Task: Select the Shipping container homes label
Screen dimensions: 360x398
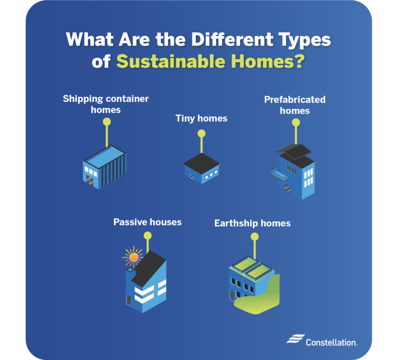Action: tap(106, 104)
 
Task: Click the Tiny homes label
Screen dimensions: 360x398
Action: tap(201, 118)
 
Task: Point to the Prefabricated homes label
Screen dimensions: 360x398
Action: tap(295, 104)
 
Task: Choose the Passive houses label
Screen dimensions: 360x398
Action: tap(148, 222)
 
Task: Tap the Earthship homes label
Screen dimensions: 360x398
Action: tap(252, 224)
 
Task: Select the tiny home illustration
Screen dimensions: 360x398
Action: tap(201, 167)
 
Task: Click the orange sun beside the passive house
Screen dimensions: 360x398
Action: tap(134, 257)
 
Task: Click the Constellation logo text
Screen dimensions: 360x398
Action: tap(331, 342)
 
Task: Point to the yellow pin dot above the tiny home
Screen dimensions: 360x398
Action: tap(201, 134)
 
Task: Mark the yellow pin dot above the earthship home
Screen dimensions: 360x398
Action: tap(254, 237)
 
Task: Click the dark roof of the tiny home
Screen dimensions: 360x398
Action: tap(201, 160)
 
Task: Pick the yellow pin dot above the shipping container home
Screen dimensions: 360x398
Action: tap(106, 122)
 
